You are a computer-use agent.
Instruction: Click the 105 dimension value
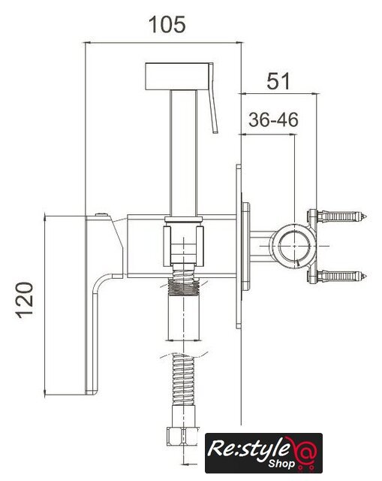pos(167,25)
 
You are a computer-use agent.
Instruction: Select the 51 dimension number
pos(278,81)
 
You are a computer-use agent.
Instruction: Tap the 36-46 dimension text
pos(273,119)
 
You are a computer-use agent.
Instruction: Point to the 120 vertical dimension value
pos(25,300)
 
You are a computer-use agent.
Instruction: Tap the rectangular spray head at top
pos(177,77)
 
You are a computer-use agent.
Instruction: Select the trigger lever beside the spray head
pos(213,98)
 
